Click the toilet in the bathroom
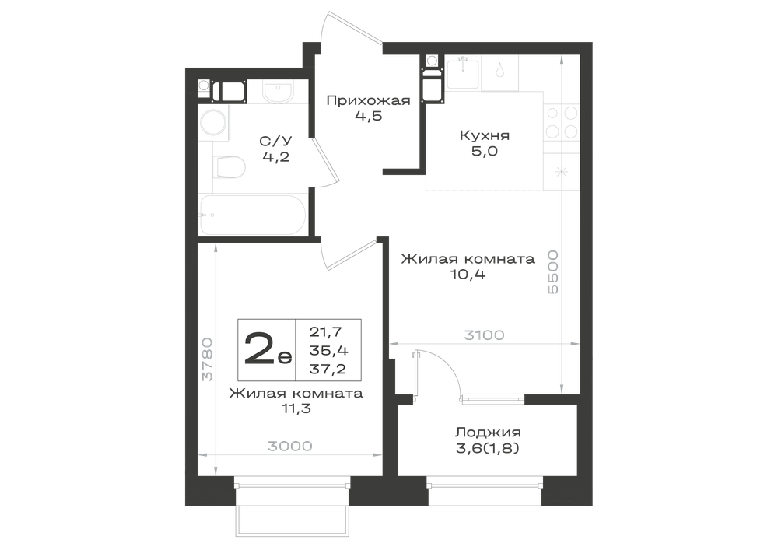pos(229,166)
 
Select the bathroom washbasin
pos(278,93)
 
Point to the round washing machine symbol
pos(215,121)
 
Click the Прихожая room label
pos(368,101)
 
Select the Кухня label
pos(485,135)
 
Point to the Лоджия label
pos(488,433)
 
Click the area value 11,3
pos(296,408)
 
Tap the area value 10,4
pos(467,274)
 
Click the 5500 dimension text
pos(552,271)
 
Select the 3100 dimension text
pos(484,335)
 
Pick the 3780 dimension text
pos(208,359)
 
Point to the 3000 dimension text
pos(290,447)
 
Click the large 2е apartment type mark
pos(268,349)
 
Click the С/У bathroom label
pos(272,142)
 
